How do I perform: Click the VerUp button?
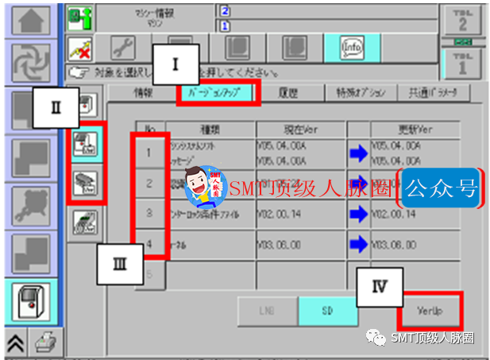tap(430, 311)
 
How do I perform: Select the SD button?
tap(327, 311)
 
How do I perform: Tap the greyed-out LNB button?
tap(267, 311)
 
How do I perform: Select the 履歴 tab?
tap(287, 92)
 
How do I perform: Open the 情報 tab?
tap(143, 92)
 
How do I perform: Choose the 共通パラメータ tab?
tap(434, 92)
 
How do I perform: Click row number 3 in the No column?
tap(149, 213)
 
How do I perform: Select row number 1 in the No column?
tap(149, 151)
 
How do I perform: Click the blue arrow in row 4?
tap(359, 245)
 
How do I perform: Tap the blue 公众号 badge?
tap(441, 188)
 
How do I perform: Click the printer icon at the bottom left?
tap(47, 342)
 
